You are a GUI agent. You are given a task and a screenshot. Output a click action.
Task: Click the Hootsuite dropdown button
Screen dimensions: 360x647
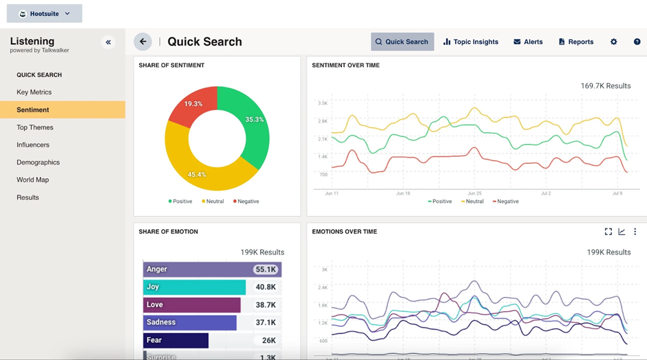pos(45,14)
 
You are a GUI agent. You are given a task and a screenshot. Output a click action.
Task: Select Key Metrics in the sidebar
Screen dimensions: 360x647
pos(34,92)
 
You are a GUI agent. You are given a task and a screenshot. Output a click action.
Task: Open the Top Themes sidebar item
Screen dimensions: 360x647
pos(35,127)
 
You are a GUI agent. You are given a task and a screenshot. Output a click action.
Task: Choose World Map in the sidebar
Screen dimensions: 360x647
pos(32,180)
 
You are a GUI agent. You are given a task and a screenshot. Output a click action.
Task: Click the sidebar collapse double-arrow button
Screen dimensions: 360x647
pos(108,42)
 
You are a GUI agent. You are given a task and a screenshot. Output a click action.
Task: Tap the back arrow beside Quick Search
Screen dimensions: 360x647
pos(142,42)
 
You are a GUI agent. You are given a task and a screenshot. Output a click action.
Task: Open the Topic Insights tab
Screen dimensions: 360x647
pos(471,42)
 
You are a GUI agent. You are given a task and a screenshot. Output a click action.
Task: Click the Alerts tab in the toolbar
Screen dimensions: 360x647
pos(528,42)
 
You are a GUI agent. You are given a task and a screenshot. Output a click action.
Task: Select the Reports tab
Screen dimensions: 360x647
pos(576,42)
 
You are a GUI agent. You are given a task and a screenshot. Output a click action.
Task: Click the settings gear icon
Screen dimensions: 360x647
pos(613,42)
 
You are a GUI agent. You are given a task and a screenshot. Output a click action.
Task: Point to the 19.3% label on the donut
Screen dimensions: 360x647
pos(193,104)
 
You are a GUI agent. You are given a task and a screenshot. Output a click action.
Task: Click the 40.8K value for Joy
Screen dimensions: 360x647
pos(266,287)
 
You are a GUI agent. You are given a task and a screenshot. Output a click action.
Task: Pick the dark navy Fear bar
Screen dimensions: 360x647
pos(176,340)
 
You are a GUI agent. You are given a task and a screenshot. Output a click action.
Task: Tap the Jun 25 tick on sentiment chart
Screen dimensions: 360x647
pos(474,193)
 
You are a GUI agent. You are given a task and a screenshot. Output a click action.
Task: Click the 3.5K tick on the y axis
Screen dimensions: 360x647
pos(322,103)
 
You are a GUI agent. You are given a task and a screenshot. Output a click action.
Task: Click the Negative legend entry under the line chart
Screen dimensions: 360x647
pos(506,202)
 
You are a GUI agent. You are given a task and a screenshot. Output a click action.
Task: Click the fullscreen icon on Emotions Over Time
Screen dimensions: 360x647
pos(608,232)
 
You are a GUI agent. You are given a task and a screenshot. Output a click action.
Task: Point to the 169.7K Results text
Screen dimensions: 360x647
pos(606,86)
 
